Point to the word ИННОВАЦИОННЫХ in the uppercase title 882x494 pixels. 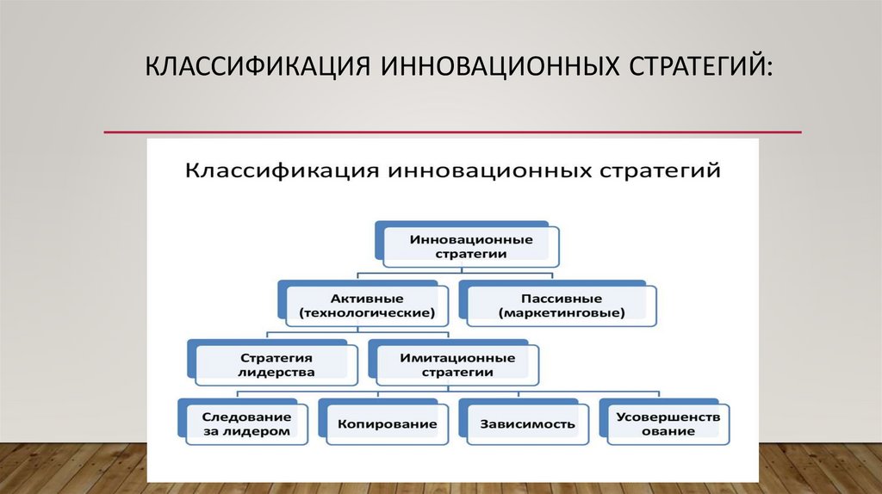pyautogui.click(x=468, y=67)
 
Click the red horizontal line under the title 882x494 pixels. pyautogui.click(x=452, y=133)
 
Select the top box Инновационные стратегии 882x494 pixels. pyautogui.click(x=470, y=246)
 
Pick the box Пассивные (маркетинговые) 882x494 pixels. pyautogui.click(x=561, y=305)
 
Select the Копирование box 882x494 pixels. pyautogui.click(x=387, y=423)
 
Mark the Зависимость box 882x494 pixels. pyautogui.click(x=528, y=423)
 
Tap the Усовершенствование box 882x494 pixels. pyautogui.click(x=668, y=423)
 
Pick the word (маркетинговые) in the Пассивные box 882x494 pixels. pyautogui.click(x=561, y=313)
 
